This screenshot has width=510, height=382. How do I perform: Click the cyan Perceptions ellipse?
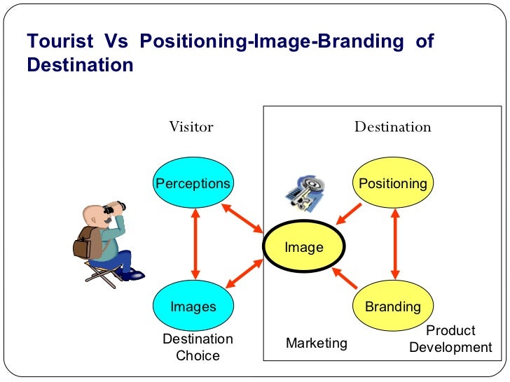[193, 184]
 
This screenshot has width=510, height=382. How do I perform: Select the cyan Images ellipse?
[193, 306]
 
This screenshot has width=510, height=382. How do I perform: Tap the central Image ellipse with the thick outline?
[303, 247]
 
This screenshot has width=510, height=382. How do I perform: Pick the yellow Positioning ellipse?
[392, 184]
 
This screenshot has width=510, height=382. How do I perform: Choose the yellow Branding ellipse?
[392, 306]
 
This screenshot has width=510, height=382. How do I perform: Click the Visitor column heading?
[191, 127]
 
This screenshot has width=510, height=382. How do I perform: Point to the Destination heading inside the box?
[392, 127]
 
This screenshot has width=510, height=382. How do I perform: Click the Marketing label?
[316, 343]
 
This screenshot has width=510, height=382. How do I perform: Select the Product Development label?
[450, 339]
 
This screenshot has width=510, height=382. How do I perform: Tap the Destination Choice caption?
[198, 347]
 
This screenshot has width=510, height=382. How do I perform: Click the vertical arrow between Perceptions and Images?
[195, 245]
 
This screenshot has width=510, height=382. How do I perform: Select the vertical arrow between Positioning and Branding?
[395, 245]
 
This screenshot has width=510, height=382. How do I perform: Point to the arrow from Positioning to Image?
[348, 213]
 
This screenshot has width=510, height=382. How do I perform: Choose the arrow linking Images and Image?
[241, 275]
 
